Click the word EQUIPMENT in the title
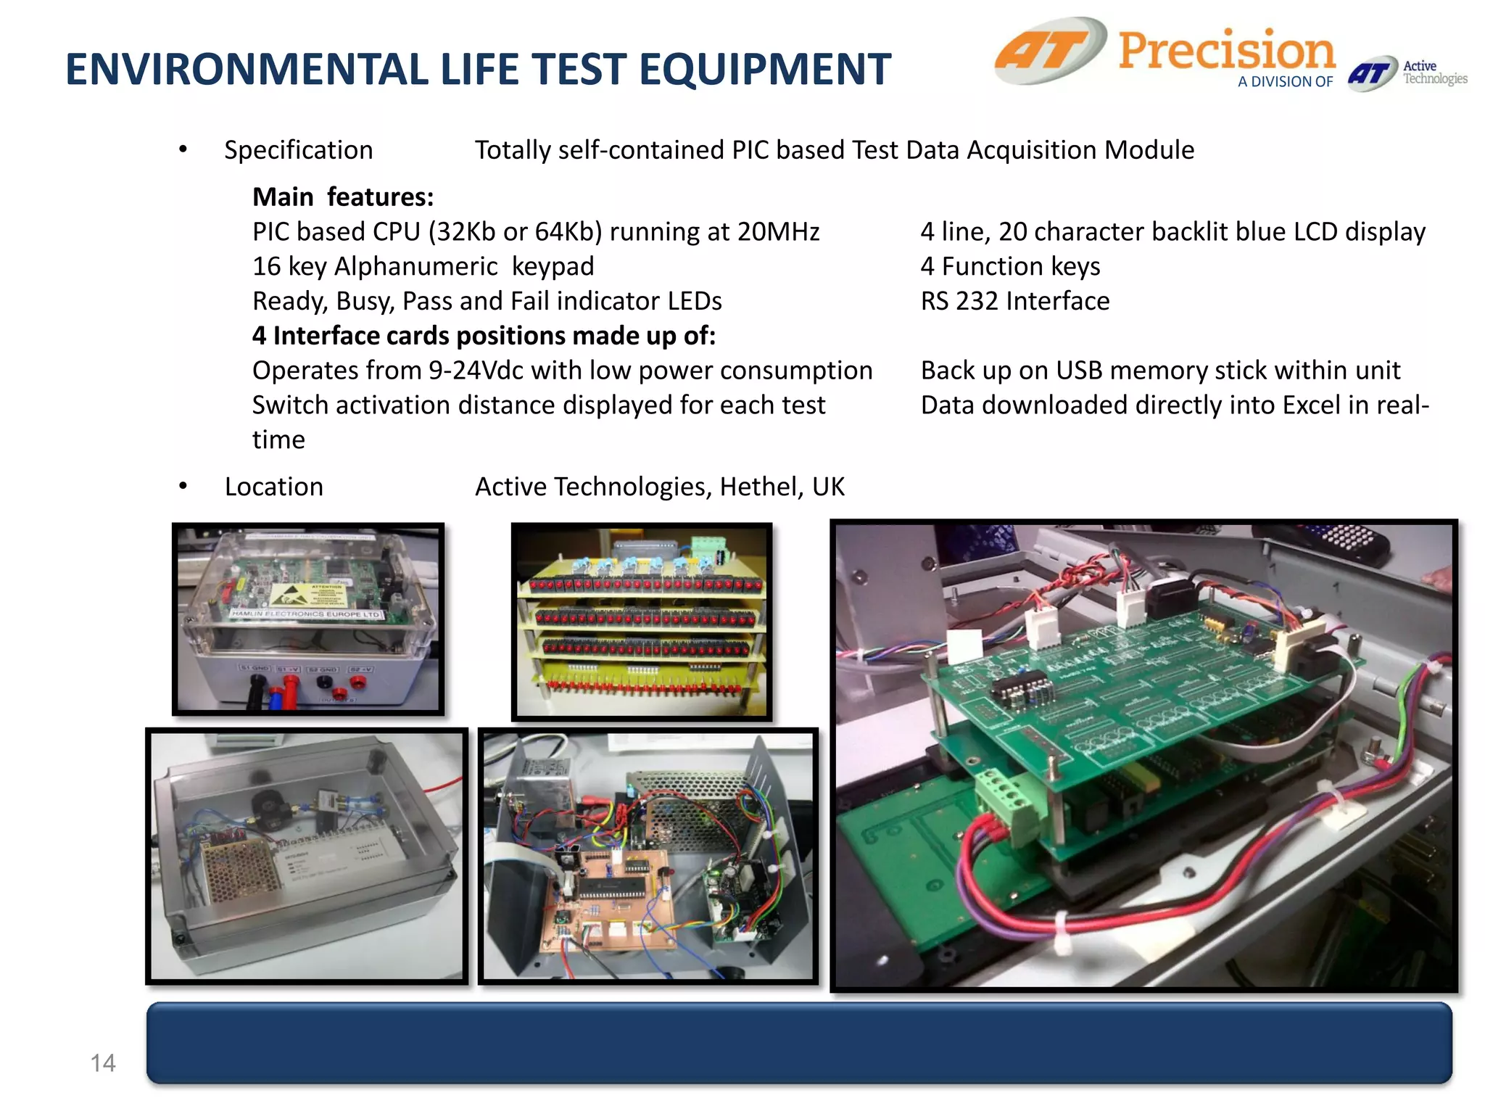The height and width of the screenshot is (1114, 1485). click(764, 70)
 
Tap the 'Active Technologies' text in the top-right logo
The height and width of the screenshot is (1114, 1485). click(1434, 73)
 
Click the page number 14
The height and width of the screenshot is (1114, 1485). click(103, 1063)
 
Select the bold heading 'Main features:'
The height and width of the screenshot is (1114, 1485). click(343, 197)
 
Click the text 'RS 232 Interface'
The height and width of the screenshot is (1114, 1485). click(1014, 301)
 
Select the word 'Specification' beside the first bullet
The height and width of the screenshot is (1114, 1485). click(298, 150)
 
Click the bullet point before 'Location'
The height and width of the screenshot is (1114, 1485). click(183, 487)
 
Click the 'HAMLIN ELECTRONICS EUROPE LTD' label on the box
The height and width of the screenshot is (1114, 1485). click(305, 614)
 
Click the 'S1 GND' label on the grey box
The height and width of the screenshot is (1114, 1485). click(255, 667)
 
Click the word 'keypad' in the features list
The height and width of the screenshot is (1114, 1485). click(553, 266)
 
